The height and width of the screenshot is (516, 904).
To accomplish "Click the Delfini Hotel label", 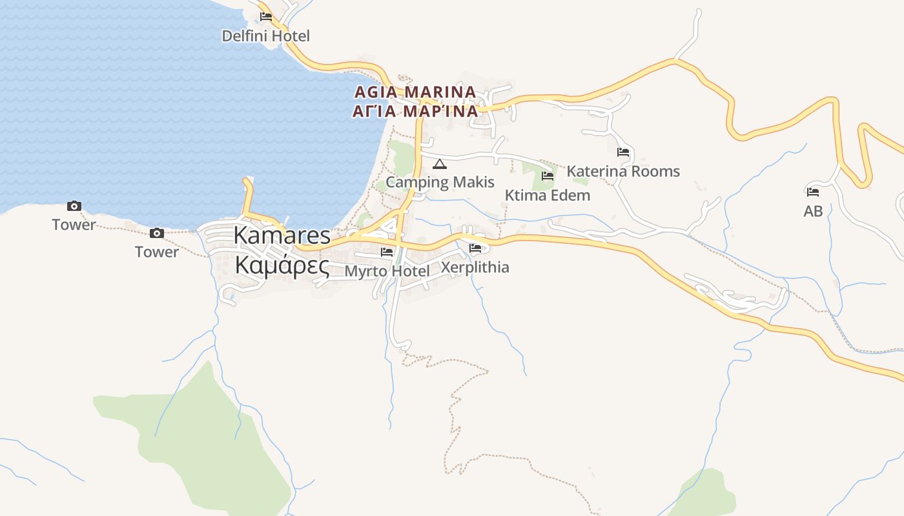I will click(265, 36).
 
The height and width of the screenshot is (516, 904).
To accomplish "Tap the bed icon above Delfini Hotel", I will click(266, 17).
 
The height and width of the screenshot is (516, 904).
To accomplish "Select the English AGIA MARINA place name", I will click(415, 92).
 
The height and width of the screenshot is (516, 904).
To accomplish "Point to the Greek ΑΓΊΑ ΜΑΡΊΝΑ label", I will click(415, 112).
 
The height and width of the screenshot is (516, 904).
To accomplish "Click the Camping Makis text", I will click(440, 182).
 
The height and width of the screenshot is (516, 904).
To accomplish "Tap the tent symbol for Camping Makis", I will click(440, 164).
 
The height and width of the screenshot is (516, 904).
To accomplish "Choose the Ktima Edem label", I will click(548, 195).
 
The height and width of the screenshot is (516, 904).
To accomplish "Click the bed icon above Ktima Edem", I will click(548, 175).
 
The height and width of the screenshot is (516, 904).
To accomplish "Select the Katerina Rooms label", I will click(623, 172).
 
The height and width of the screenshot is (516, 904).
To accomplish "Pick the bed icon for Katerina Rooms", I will click(623, 152).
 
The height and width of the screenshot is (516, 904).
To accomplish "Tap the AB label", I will click(813, 211).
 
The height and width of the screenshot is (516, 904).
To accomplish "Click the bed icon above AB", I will click(813, 192).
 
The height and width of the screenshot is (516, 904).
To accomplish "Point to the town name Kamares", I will click(282, 235).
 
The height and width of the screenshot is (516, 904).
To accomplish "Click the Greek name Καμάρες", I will click(282, 265).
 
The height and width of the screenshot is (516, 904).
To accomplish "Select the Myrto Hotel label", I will click(387, 271).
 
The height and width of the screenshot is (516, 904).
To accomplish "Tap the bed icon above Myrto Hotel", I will click(387, 252).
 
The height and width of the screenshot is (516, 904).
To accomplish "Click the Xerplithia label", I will click(475, 267).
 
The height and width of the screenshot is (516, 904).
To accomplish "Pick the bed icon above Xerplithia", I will click(475, 248).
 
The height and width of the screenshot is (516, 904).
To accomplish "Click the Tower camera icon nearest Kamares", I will click(156, 233).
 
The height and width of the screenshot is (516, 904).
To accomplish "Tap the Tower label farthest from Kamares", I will click(74, 225).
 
